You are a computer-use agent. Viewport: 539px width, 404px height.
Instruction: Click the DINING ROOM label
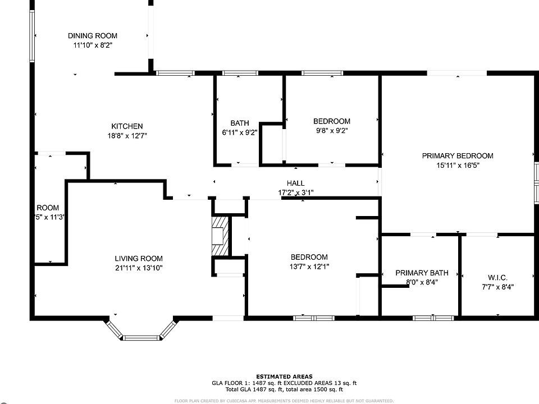click(93, 36)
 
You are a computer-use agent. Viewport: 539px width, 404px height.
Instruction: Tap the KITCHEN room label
click(127, 126)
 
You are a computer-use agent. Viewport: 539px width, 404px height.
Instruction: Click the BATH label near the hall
click(240, 123)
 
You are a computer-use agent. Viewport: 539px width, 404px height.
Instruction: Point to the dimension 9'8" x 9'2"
click(331, 131)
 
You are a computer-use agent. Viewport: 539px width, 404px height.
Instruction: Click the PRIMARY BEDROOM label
click(458, 156)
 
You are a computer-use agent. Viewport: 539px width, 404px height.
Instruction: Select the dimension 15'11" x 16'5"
click(458, 165)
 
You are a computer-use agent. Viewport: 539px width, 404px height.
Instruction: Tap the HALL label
click(296, 183)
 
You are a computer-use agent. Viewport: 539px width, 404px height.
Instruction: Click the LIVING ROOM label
click(139, 259)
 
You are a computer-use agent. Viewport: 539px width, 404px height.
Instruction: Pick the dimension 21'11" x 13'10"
click(139, 268)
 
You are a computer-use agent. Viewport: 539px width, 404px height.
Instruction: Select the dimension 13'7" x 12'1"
click(309, 267)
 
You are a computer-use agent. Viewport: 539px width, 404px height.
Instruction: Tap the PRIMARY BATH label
click(422, 273)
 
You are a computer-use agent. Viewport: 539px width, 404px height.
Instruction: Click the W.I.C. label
click(498, 277)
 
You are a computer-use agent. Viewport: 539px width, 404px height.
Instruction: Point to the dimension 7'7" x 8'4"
click(498, 287)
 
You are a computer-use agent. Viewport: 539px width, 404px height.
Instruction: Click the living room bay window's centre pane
click(141, 338)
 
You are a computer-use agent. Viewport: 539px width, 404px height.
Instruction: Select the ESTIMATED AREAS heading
click(285, 377)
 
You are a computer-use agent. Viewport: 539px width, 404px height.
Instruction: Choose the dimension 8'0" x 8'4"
click(422, 282)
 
